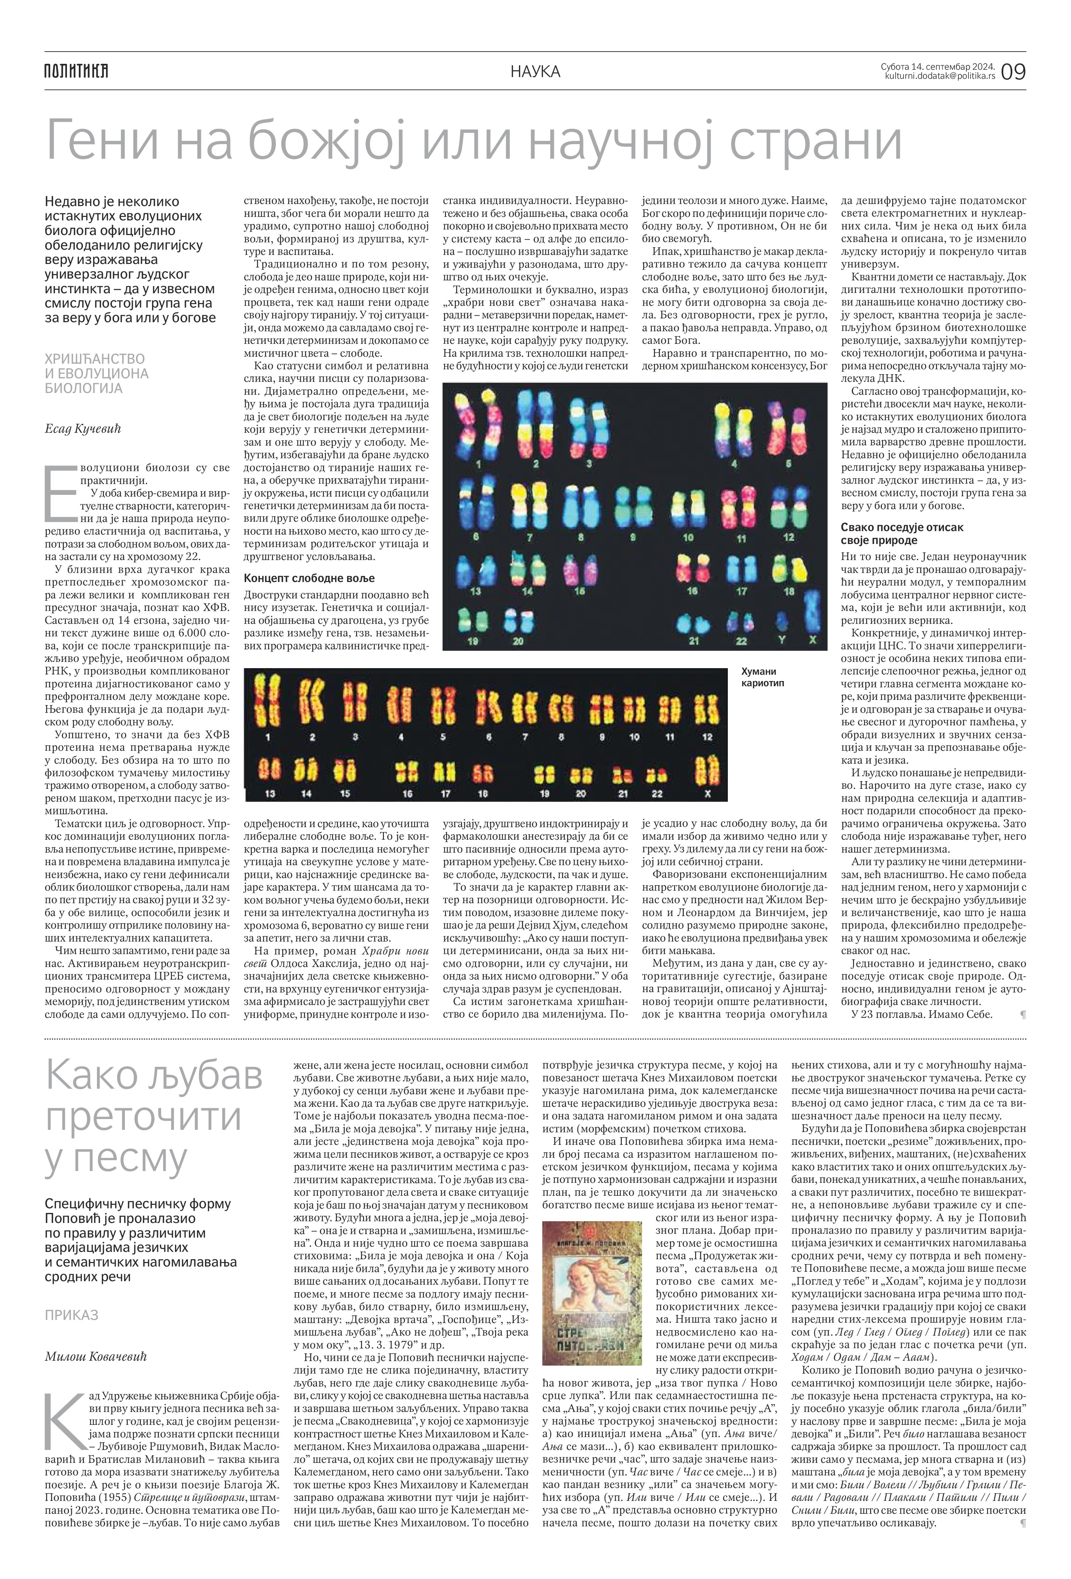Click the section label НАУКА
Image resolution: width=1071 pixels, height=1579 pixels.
tap(536, 71)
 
